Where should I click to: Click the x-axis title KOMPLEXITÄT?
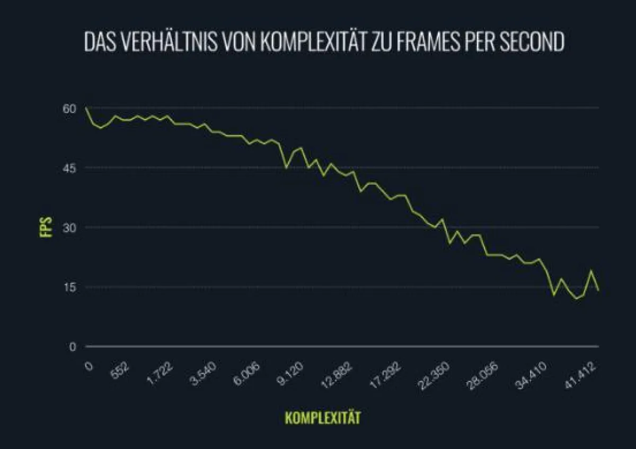point(323,418)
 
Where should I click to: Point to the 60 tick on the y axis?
point(69,108)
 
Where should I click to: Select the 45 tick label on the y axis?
point(69,168)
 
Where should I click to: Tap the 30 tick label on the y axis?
point(69,227)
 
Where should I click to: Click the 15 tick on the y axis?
point(69,287)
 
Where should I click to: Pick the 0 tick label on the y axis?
point(73,347)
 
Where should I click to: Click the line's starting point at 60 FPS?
point(86,108)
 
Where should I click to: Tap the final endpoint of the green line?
point(598,290)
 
